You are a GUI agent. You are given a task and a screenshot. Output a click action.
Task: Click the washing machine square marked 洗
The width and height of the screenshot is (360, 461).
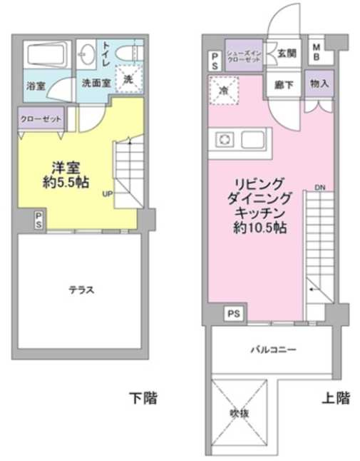[x=129, y=78]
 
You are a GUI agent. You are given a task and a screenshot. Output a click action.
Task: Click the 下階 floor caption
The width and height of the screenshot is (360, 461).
[x=143, y=397]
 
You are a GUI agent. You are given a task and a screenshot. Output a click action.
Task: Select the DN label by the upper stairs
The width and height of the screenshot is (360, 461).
[x=319, y=188]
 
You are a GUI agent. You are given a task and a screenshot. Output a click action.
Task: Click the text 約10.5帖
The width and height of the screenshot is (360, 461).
[x=259, y=230]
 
